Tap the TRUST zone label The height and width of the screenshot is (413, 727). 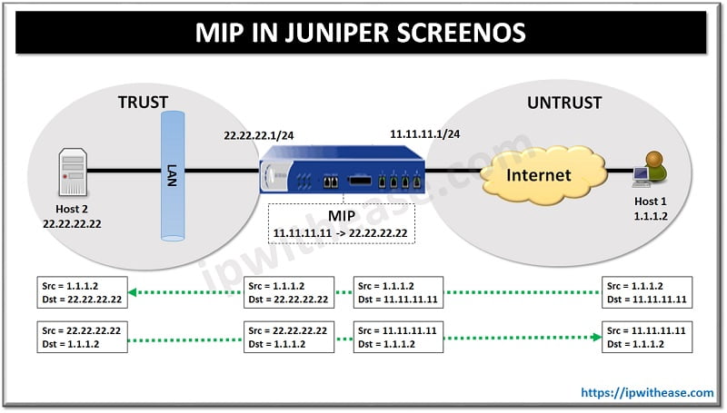tap(144, 103)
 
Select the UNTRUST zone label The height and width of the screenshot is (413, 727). tap(564, 103)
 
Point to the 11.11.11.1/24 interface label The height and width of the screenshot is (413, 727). tap(424, 134)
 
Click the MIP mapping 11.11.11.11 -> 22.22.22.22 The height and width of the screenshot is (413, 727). tap(340, 233)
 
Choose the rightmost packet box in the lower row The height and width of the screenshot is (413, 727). tap(646, 337)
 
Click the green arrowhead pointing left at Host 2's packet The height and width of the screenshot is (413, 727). tap(132, 292)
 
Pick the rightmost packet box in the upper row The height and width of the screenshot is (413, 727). tap(646, 292)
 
